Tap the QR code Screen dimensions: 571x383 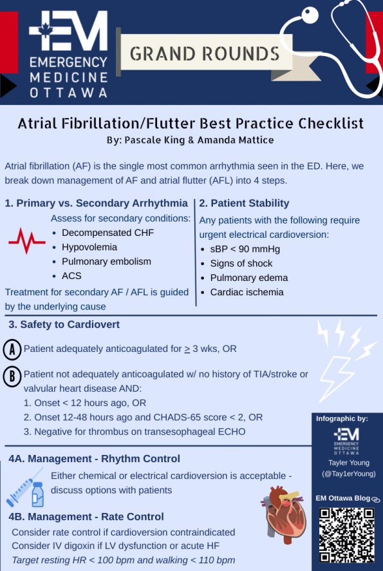click(347, 535)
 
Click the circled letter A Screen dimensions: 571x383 click(12, 349)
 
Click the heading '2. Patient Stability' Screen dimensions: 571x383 click(244, 204)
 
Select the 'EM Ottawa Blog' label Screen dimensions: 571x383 click(342, 498)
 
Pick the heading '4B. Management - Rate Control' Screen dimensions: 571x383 click(86, 517)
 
